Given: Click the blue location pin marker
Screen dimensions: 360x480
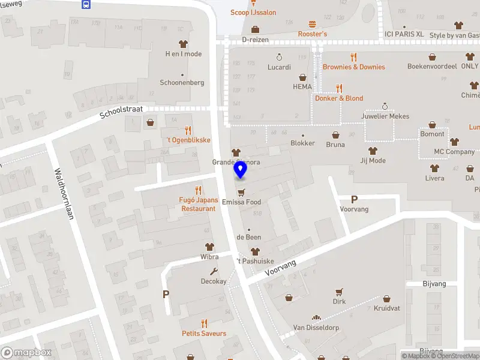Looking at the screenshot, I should point(240,169).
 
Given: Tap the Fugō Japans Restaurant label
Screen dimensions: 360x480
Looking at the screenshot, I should point(198,204).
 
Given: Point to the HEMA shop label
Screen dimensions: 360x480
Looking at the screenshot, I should point(302,86).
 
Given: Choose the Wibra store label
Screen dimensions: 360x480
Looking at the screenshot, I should point(209,257).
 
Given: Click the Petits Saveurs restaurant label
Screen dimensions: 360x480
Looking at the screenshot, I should point(204,333).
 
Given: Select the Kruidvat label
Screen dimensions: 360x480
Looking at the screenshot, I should point(386,308).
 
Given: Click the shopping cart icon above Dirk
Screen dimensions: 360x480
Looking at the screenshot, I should point(340,292).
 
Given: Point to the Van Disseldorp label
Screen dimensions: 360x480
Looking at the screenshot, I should point(316,328).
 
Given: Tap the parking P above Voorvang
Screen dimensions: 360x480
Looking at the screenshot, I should point(354,199).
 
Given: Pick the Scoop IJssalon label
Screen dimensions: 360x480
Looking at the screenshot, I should point(253,12).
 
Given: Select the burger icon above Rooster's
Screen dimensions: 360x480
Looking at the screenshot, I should point(312,25).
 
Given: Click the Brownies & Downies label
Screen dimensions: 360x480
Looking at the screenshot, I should point(354,67).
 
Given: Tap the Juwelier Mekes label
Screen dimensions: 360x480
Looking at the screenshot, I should point(385,116).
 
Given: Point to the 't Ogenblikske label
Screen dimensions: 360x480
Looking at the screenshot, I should point(188,140).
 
